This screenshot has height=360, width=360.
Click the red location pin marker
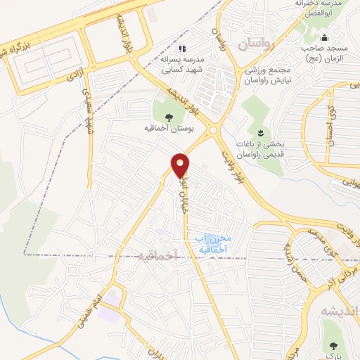[181, 165]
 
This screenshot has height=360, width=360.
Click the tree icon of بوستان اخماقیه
[167, 118]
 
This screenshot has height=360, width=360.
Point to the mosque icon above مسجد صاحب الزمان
[323, 38]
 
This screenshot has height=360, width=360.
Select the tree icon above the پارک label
[333, 346]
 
